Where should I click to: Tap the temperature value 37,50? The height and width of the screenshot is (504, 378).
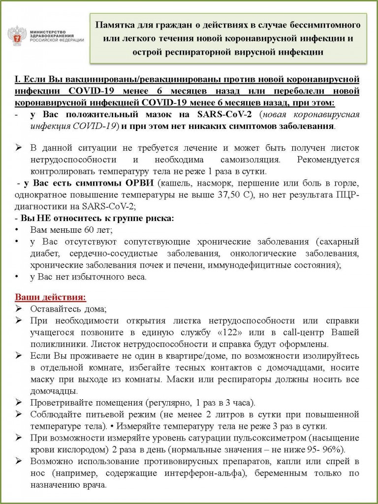point(233,196)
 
